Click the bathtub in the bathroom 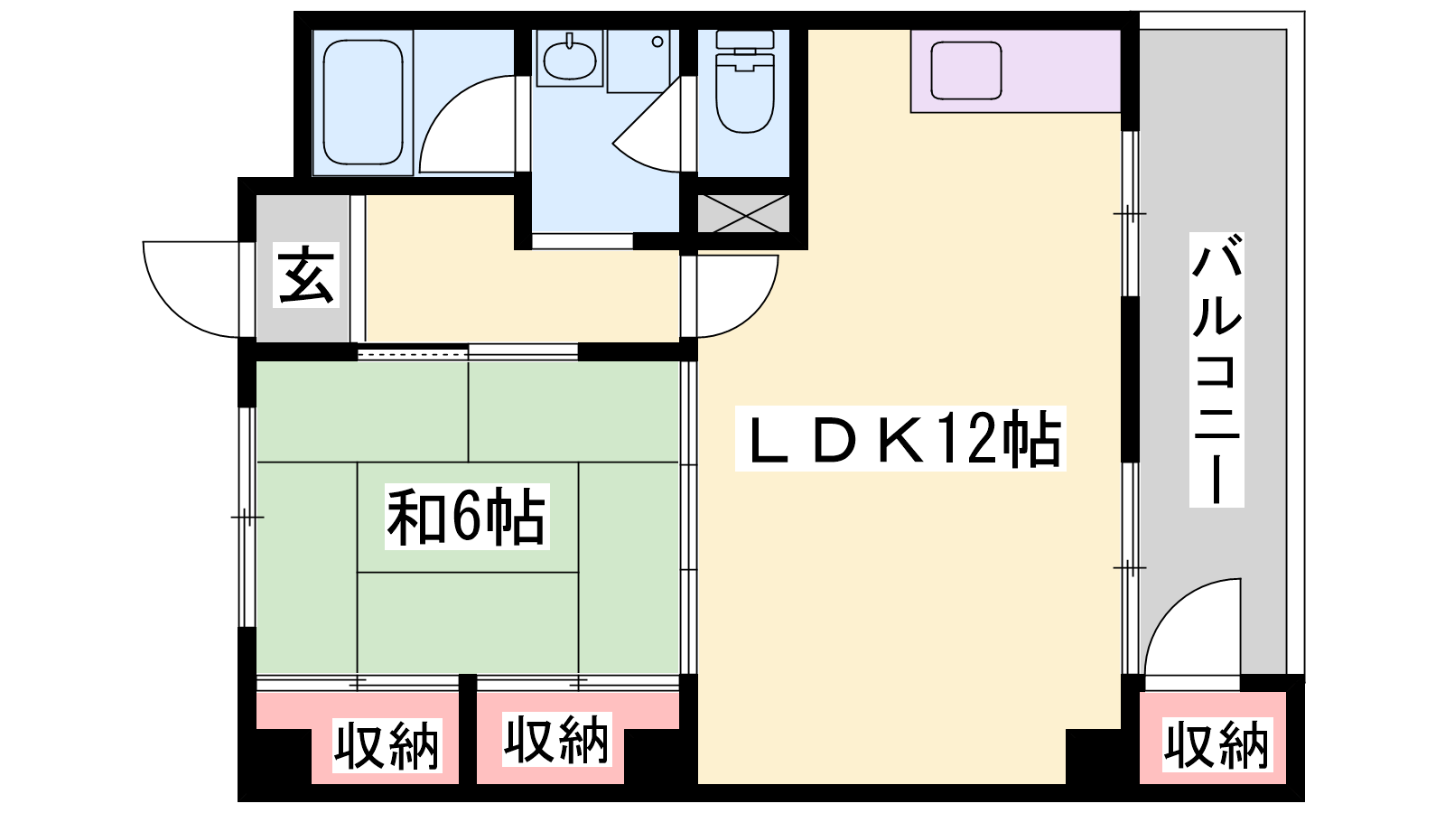363,102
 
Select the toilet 745,81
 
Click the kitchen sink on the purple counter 965,70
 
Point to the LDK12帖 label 900,439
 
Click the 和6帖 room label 467,516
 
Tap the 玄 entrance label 306,276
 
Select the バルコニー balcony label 1217,369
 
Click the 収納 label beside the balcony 1217,744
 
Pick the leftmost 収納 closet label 387,745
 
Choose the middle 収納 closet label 556,739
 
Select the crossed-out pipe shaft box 744,213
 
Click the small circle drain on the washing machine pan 657,42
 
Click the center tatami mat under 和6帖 468,517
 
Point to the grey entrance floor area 303,267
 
